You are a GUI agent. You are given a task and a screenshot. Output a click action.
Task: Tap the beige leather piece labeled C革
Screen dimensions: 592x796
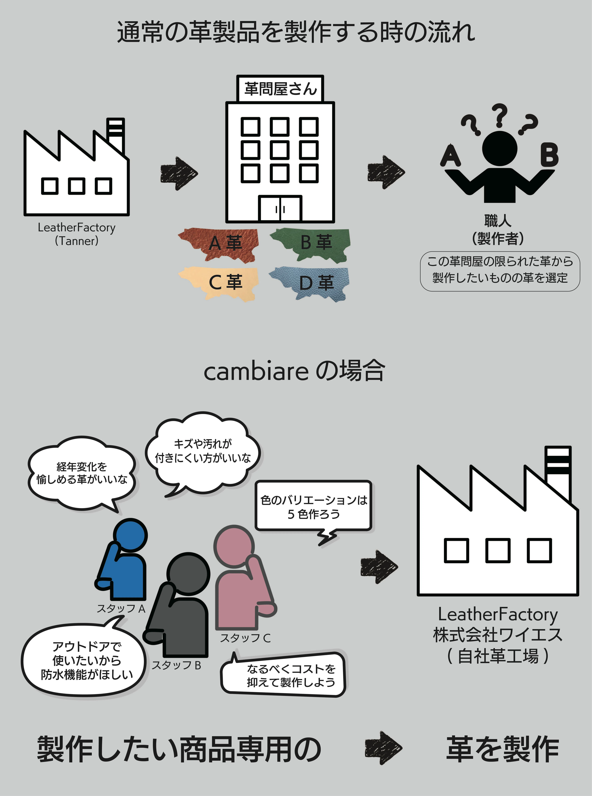point(219,283)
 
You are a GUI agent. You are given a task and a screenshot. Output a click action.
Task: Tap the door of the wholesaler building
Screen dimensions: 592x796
point(280,208)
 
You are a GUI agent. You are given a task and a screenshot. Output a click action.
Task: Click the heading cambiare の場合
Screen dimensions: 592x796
point(295,371)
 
